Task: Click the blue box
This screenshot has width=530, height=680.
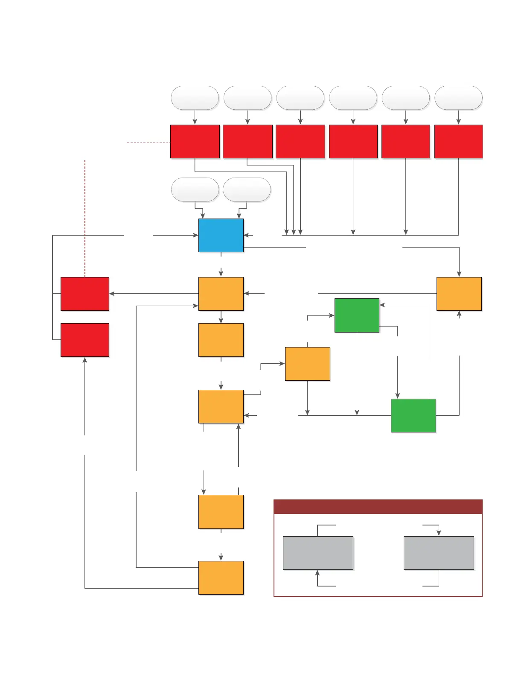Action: tap(221, 235)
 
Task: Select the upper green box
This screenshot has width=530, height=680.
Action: tap(357, 315)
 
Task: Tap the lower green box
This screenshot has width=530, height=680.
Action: tap(413, 415)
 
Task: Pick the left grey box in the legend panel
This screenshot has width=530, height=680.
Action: tap(318, 553)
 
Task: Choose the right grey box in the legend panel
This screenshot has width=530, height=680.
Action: tap(439, 553)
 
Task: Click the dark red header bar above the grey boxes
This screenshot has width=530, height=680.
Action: tap(378, 507)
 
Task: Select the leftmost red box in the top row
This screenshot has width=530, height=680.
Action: tap(195, 141)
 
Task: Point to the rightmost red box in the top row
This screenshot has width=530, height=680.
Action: tap(458, 141)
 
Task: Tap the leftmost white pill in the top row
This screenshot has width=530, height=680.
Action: tap(195, 98)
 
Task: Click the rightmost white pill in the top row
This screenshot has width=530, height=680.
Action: tap(458, 98)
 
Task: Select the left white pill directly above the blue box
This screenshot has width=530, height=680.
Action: tap(195, 190)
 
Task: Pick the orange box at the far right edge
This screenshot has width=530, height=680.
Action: tap(459, 294)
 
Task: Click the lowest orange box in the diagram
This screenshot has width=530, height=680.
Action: tap(221, 578)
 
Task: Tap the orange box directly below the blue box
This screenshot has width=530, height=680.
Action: tap(221, 294)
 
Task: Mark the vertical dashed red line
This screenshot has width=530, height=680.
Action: tap(85, 218)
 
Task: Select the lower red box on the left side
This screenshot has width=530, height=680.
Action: tap(85, 340)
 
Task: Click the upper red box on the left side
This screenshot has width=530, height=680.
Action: tap(85, 294)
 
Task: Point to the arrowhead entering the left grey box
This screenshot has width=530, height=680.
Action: tap(317, 573)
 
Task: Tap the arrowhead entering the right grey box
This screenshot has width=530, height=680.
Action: tap(439, 533)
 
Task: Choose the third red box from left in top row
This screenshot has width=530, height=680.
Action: tap(300, 141)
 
